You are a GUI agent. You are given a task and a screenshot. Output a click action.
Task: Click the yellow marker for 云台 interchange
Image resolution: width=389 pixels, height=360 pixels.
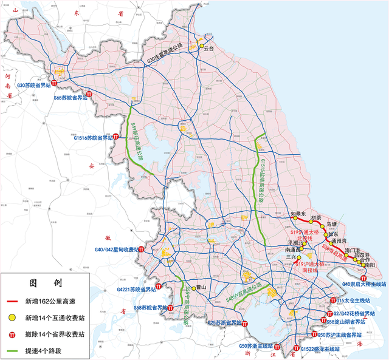[201, 46]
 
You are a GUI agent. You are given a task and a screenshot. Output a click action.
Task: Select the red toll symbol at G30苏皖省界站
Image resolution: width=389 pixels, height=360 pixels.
[54, 83]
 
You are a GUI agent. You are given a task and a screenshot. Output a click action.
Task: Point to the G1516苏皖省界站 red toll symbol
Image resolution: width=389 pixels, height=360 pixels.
[116, 136]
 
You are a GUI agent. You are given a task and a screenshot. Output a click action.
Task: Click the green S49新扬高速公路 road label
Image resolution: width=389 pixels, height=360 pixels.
[137, 141]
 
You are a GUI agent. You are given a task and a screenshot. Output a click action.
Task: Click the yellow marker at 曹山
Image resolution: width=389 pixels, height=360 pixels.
[193, 288]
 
